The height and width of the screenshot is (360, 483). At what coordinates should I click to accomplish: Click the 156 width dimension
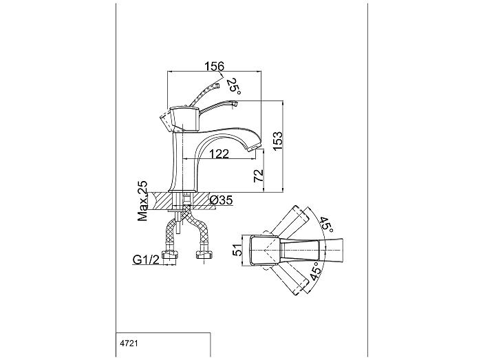point(215,66)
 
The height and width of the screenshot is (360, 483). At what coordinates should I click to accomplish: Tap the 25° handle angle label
point(233,86)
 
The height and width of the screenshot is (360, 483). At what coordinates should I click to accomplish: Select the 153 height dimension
point(277,141)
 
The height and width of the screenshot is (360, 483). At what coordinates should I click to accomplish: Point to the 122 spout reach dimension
point(219,153)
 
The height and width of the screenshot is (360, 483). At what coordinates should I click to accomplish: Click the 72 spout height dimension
point(259,176)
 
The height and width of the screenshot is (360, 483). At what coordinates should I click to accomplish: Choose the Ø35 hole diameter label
point(221,200)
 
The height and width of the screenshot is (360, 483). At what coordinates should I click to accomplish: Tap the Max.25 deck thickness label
point(142,201)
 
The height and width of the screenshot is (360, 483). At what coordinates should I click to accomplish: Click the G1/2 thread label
point(146,260)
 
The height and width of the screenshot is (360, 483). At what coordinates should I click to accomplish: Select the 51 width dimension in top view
point(237,250)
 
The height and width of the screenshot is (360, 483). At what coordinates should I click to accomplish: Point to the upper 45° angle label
point(326,225)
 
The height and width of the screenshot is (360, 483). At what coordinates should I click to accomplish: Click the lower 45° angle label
point(316,271)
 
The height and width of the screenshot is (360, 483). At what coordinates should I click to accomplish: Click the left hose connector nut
point(170,255)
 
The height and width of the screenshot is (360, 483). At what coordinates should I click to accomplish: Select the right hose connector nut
point(204,255)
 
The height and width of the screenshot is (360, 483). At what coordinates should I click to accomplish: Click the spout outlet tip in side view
point(254,149)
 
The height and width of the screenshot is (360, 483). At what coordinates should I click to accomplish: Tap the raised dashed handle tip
point(217,85)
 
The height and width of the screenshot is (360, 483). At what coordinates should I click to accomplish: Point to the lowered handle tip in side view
point(235,104)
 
